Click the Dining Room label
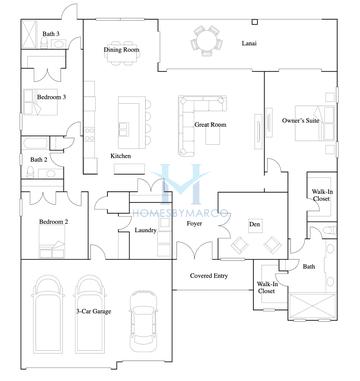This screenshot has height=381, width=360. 121,49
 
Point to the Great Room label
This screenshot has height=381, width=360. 209,125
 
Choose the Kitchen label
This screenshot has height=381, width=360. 121,156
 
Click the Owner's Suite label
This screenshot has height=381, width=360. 300,121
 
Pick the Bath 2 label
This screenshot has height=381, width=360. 39,159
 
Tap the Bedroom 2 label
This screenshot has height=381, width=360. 53,221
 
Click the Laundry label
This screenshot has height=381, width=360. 145,230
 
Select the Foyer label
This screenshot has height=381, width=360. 194,223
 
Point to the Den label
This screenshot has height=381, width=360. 254,224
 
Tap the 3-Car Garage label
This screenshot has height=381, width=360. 96,312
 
